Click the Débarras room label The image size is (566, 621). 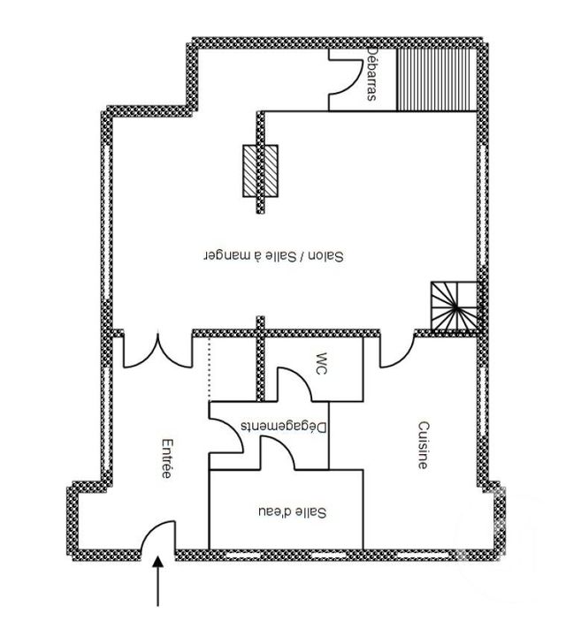(371, 74)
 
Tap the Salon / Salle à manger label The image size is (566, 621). (273, 255)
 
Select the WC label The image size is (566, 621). (322, 365)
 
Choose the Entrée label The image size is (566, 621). (166, 458)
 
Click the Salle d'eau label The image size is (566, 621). (291, 511)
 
